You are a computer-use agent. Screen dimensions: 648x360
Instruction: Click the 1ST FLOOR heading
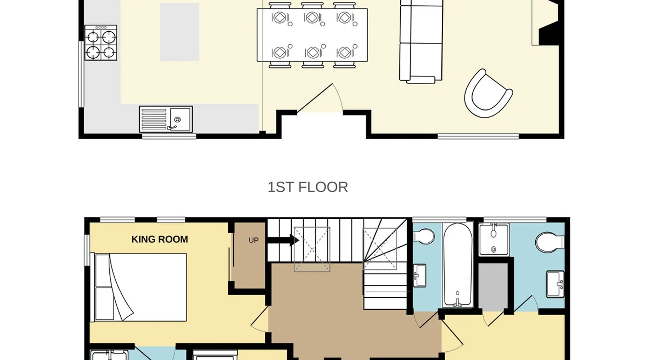pyautogui.click(x=308, y=187)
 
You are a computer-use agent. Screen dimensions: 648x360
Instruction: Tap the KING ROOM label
pyautogui.click(x=159, y=239)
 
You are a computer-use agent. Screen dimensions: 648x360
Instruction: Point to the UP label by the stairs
pyautogui.click(x=253, y=240)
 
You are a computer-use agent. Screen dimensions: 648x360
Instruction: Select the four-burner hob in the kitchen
pyautogui.click(x=101, y=42)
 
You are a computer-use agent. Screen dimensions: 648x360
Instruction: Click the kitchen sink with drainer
pyautogui.click(x=166, y=119)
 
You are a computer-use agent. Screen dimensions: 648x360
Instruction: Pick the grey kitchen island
pyautogui.click(x=180, y=32)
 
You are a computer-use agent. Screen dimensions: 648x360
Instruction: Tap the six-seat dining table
pyautogui.click(x=312, y=35)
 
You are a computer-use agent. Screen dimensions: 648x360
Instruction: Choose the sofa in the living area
pyautogui.click(x=421, y=41)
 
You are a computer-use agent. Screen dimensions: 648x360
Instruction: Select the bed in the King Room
pyautogui.click(x=140, y=287)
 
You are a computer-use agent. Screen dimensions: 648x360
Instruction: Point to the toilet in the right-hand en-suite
pyautogui.click(x=550, y=242)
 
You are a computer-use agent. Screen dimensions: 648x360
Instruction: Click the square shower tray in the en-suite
pyautogui.click(x=494, y=239)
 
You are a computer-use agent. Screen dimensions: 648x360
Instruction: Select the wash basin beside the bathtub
pyautogui.click(x=419, y=275)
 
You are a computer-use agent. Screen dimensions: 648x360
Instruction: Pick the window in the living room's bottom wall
pyautogui.click(x=478, y=136)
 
